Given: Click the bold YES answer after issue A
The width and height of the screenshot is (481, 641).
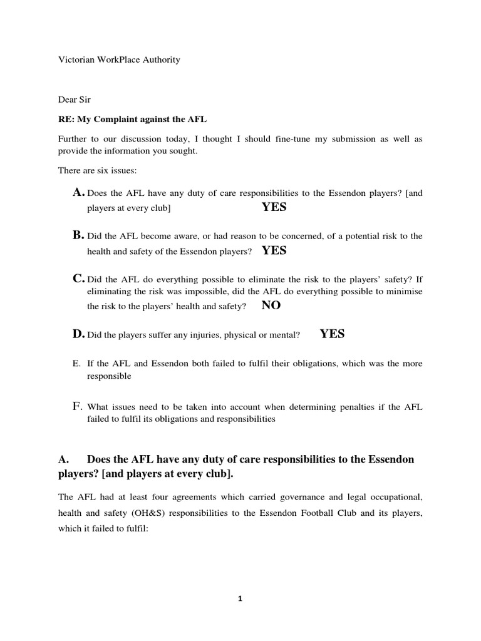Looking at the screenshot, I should (274, 207).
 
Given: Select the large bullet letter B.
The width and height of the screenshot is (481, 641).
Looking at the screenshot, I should (78, 235).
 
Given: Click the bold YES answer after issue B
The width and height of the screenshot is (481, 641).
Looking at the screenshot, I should (274, 250).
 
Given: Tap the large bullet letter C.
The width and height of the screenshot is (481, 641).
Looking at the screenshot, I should (78, 279).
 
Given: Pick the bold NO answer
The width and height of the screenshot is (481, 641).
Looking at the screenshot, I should (272, 305).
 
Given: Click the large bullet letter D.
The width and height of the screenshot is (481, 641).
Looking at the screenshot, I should (78, 334).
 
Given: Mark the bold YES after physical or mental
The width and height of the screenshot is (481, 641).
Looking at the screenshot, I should (332, 334).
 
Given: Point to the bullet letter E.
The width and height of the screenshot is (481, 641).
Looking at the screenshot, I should (76, 364).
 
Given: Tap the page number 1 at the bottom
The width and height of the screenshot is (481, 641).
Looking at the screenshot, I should (240, 598).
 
